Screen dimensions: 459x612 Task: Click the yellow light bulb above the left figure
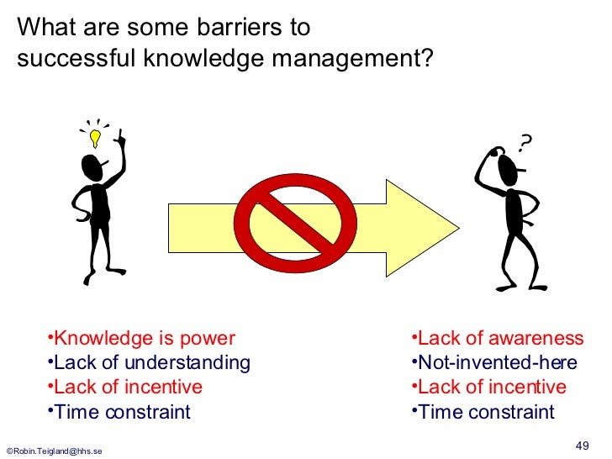point(96,136)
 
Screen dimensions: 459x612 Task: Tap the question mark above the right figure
point(525,145)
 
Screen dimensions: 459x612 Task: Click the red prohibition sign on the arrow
point(288,221)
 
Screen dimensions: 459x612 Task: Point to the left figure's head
point(93,167)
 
